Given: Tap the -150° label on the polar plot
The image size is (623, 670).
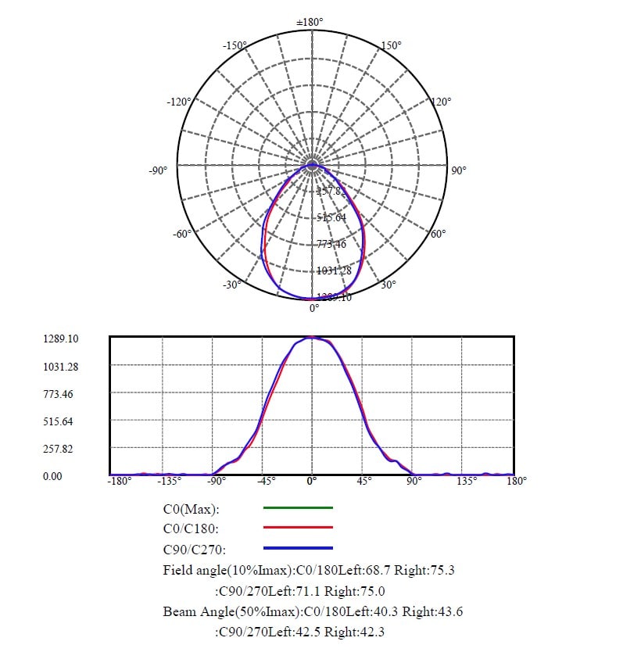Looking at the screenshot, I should (234, 46).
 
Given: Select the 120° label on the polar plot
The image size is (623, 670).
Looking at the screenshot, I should (441, 102).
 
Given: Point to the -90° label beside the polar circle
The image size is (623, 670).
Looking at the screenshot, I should (158, 170).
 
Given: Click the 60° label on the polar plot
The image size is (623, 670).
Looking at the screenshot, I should (439, 234).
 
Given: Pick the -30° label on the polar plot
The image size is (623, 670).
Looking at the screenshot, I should (231, 285).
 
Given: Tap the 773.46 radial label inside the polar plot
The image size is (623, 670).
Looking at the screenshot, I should (331, 245).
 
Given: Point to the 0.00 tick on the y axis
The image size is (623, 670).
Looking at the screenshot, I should (52, 475).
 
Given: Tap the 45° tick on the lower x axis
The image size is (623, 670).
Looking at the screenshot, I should (365, 482).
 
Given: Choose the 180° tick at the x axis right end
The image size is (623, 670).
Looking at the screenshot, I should (517, 481).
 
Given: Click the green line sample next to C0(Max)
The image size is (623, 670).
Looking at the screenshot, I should (298, 507).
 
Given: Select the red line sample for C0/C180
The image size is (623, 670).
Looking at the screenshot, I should (298, 528).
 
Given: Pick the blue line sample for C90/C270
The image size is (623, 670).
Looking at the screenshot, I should (298, 548).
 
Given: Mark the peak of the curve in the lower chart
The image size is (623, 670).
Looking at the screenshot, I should (312, 338).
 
